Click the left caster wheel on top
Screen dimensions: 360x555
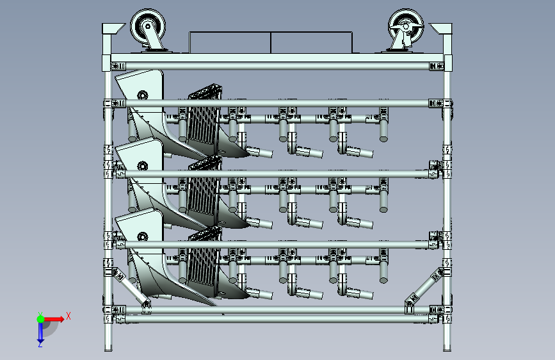click(147, 28)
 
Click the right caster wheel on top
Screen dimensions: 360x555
click(405, 28)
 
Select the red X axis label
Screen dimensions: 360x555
click(68, 315)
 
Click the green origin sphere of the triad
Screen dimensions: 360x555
click(40, 318)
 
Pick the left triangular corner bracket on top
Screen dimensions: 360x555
click(113, 29)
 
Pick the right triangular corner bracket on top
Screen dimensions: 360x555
click(441, 29)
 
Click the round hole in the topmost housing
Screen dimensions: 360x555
click(141, 95)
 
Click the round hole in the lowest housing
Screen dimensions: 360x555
click(141, 236)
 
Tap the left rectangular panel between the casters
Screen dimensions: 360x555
click(230, 43)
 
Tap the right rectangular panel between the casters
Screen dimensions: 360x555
click(312, 43)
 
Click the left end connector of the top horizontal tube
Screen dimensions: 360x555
click(117, 65)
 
